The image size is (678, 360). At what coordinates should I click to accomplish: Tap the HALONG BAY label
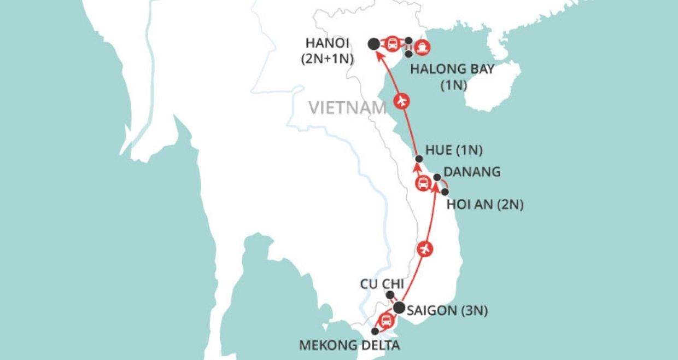[452, 69]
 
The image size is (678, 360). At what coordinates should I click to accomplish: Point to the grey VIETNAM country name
[347, 107]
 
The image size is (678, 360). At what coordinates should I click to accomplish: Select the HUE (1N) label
[453, 150]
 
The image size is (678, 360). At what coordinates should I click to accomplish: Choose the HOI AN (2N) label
[485, 205]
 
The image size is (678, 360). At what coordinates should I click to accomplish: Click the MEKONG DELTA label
[349, 345]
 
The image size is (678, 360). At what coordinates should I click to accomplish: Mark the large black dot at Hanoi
[373, 44]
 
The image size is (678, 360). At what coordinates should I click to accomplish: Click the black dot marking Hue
[419, 159]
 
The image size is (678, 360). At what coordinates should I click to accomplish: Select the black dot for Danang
[437, 177]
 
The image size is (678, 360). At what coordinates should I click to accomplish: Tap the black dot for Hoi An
[445, 192]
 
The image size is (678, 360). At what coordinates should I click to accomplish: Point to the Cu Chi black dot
[390, 295]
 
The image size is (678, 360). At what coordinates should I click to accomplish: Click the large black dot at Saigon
[400, 307]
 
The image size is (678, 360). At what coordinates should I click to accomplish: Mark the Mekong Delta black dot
[375, 332]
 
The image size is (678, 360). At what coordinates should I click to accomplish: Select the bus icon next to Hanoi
[392, 44]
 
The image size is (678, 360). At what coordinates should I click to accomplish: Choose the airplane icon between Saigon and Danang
[425, 248]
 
